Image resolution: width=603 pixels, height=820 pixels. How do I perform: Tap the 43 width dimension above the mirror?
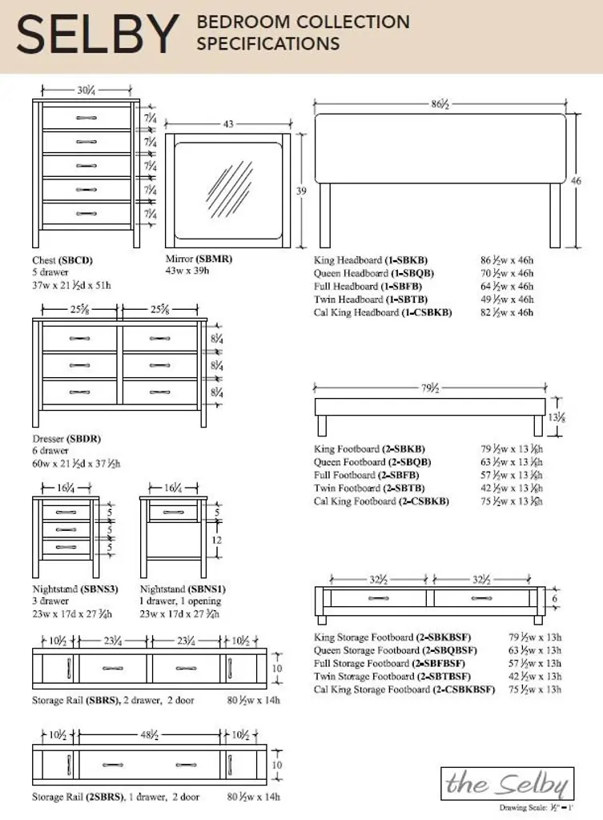pyautogui.click(x=228, y=124)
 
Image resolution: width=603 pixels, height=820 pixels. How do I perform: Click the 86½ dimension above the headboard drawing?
pyautogui.click(x=439, y=104)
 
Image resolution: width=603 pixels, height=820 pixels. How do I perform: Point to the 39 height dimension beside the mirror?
pyautogui.click(x=301, y=191)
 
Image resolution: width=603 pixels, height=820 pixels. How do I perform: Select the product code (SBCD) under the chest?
pyautogui.click(x=76, y=260)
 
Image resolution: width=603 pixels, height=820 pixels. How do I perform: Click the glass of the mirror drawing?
pyautogui.click(x=228, y=191)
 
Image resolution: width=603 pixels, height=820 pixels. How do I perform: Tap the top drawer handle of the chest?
pyautogui.click(x=86, y=118)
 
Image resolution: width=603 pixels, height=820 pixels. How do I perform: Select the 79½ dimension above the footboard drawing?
pyautogui.click(x=430, y=388)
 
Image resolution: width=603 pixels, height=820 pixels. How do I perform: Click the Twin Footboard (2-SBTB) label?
pyautogui.click(x=369, y=488)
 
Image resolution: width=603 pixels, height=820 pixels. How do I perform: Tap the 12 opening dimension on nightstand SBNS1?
pyautogui.click(x=215, y=540)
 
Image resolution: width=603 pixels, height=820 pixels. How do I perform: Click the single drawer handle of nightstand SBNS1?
pyautogui.click(x=173, y=512)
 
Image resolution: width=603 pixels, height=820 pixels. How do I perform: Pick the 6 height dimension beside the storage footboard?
pyautogui.click(x=554, y=597)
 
